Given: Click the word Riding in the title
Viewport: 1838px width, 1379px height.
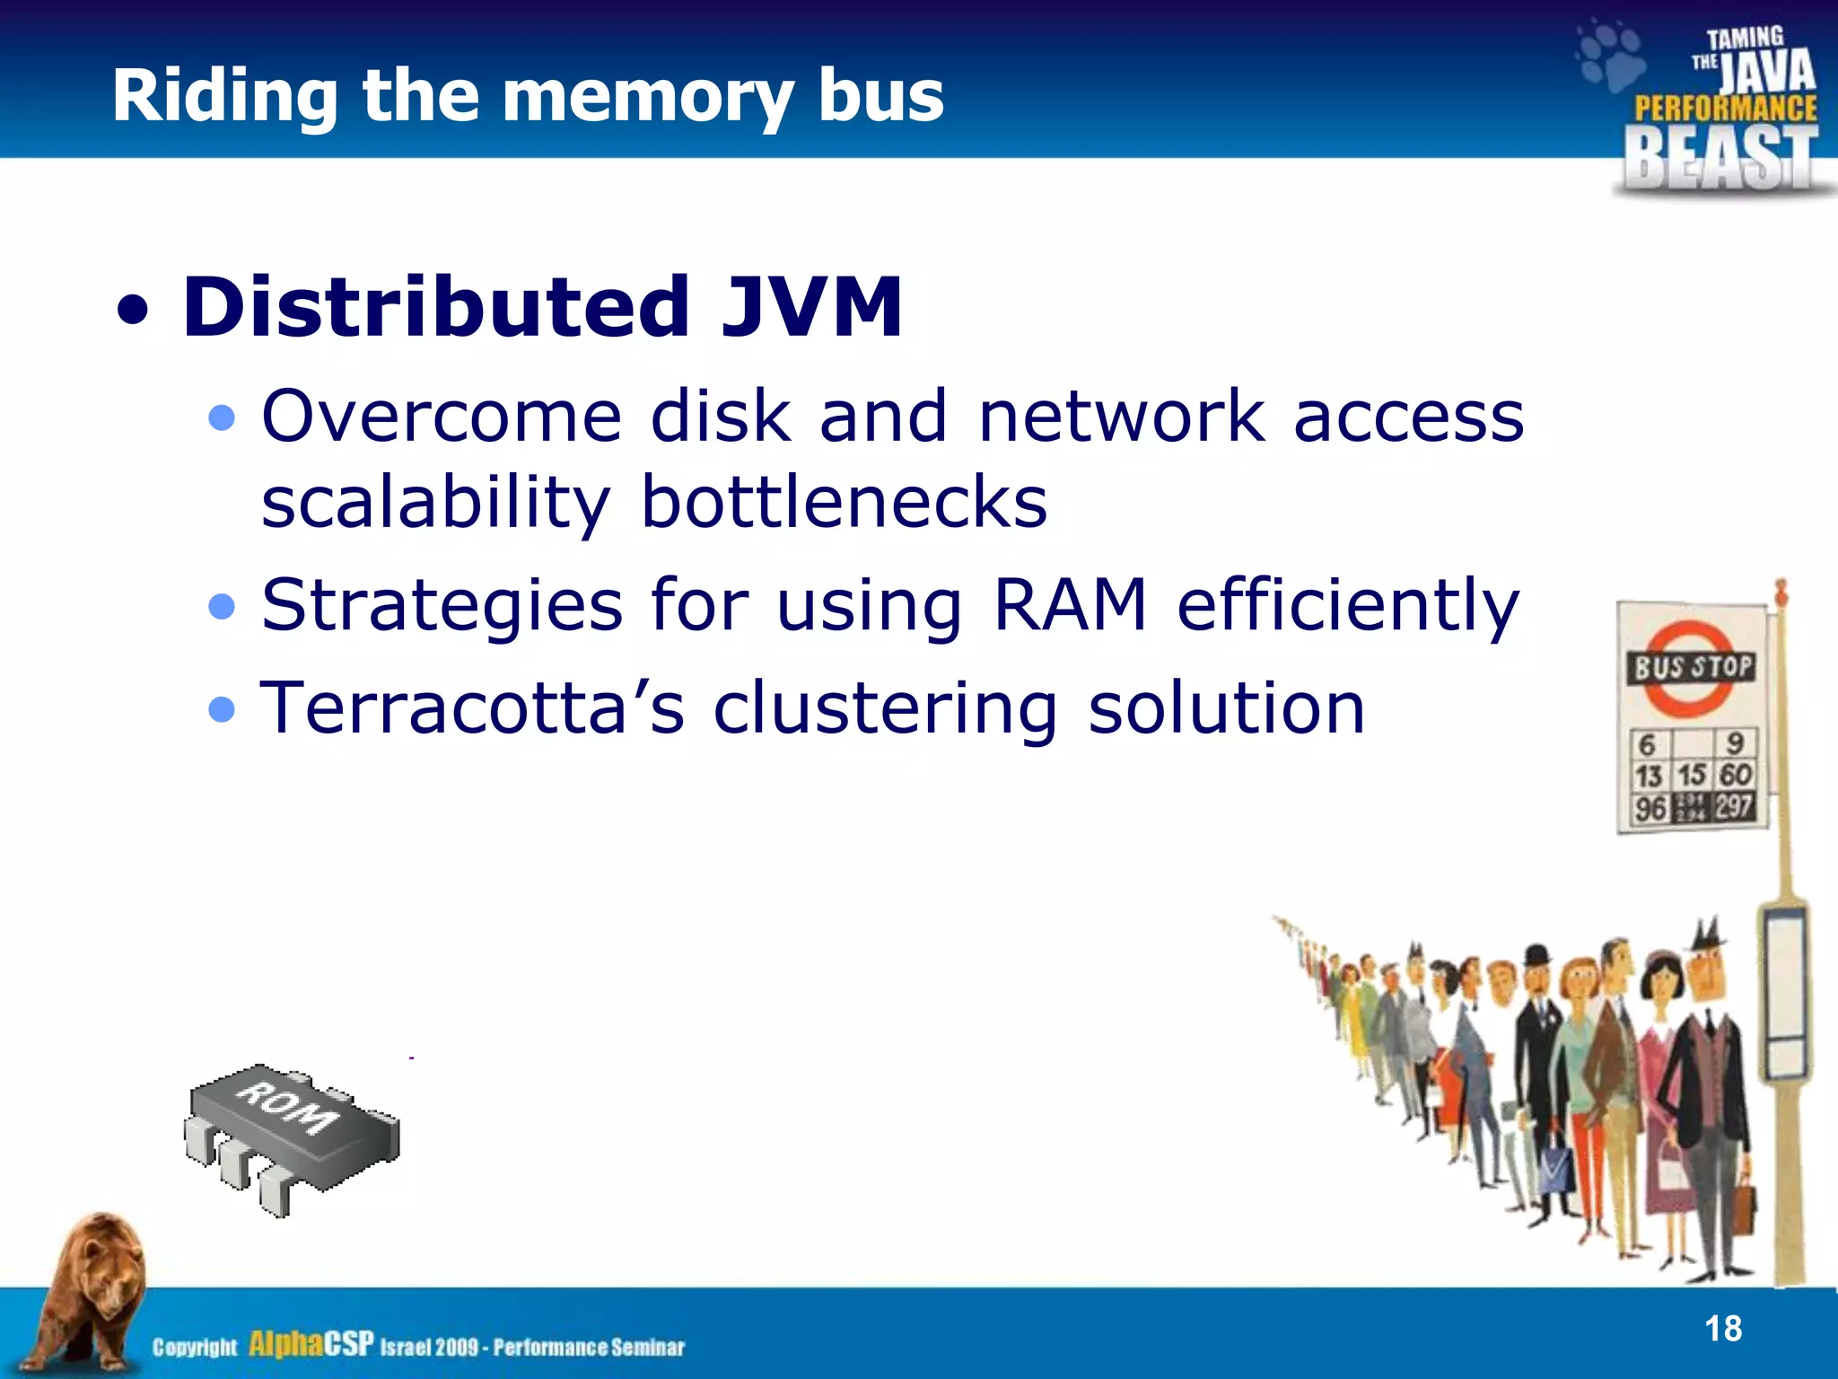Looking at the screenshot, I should pos(224,97).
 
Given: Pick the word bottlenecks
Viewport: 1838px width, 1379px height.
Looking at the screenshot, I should pos(844,502).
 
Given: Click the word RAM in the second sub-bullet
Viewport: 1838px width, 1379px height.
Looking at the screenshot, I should pos(1071,604).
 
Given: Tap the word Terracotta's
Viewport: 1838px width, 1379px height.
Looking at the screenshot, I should pos(472,707).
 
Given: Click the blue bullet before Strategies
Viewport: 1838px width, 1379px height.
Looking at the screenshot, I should pos(221,607).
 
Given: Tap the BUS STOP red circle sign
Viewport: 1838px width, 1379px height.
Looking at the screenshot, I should pos(1691,668).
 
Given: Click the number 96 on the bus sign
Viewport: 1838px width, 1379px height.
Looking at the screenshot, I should pos(1650,809).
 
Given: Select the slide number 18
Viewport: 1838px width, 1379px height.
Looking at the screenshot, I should pos(1722,1329).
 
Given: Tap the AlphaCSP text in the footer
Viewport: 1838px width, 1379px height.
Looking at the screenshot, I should pos(311,1344).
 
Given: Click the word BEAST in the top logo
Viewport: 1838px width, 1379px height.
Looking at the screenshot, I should pos(1720,158).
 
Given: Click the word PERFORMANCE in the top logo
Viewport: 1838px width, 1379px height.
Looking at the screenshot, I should pos(1725,109).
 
